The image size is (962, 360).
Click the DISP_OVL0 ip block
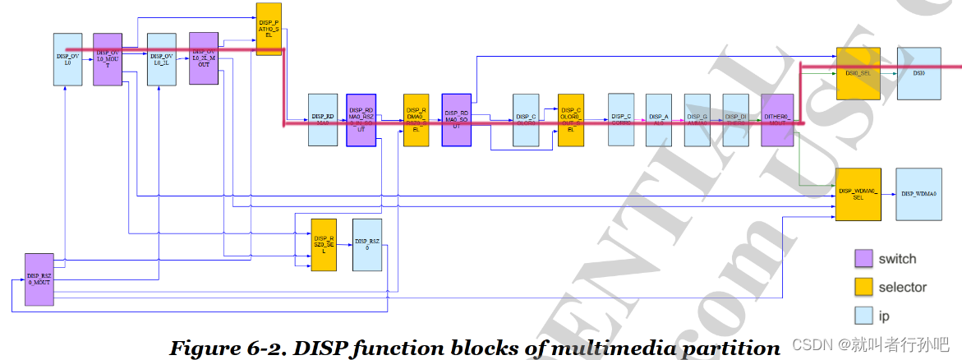68,59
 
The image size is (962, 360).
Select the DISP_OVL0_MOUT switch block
108,59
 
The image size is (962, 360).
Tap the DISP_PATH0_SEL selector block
269,29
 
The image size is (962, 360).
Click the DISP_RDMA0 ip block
323,120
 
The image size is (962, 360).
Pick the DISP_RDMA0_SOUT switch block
456,120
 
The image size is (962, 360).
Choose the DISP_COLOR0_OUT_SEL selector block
571,120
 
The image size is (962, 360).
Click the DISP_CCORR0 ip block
621,120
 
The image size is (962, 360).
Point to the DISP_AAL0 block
659,120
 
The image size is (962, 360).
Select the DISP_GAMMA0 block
697,120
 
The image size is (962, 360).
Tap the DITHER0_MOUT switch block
776,120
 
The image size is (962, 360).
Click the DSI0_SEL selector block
858,73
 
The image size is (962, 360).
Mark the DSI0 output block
918,73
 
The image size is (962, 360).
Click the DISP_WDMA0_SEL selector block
858,194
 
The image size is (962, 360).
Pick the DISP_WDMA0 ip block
918,194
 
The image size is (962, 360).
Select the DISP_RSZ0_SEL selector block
324,245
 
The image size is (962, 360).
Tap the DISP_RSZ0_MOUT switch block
39,279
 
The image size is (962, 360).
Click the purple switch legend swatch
864,259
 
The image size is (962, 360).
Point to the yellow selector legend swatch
864,288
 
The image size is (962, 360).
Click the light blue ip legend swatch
864,316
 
